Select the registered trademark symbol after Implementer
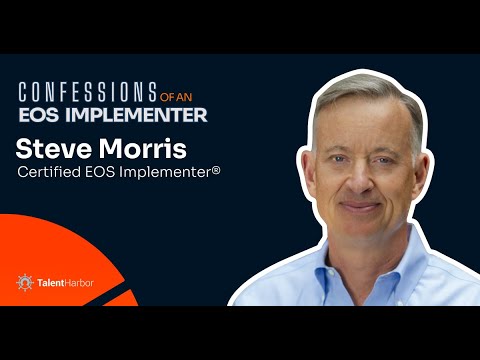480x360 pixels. tap(215, 171)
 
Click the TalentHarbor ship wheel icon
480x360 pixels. tap(24, 283)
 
